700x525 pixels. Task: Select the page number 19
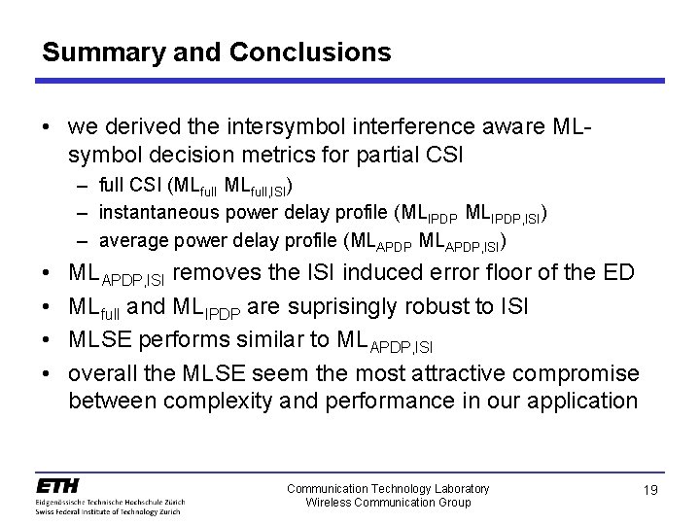651,492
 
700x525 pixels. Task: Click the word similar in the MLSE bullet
277,339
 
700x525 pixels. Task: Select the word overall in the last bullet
102,373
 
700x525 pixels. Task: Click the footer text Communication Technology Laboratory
388,488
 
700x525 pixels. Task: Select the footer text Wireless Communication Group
388,502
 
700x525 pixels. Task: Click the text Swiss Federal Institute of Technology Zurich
110,510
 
